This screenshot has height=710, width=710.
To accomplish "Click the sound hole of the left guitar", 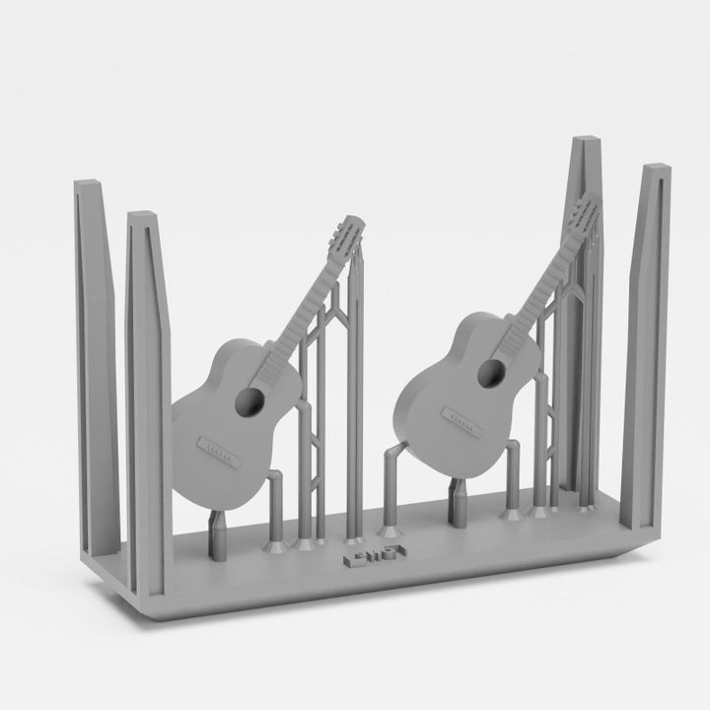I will pos(251,401).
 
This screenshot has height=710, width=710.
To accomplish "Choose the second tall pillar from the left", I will pos(149,394).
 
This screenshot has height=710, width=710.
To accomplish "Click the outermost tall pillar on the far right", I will pos(648,345).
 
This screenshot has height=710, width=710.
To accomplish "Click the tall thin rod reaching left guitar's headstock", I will pos(357,394).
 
